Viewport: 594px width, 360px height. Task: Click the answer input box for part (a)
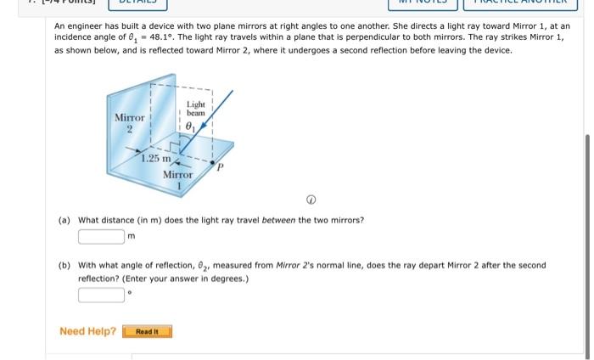tap(102, 235)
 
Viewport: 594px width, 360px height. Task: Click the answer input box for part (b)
tap(102, 295)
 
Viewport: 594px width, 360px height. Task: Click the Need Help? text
tap(87, 331)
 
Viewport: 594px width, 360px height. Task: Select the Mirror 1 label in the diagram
tap(178, 179)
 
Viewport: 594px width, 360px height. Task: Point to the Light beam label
tap(196, 109)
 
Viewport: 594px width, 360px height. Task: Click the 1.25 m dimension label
tap(156, 159)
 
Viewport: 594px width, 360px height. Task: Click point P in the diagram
tap(220, 168)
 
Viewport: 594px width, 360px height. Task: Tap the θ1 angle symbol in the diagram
tap(191, 128)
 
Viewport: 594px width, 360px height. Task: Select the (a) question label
tap(64, 220)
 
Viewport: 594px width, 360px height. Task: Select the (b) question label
tap(64, 265)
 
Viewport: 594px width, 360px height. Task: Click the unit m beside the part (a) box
tap(132, 236)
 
